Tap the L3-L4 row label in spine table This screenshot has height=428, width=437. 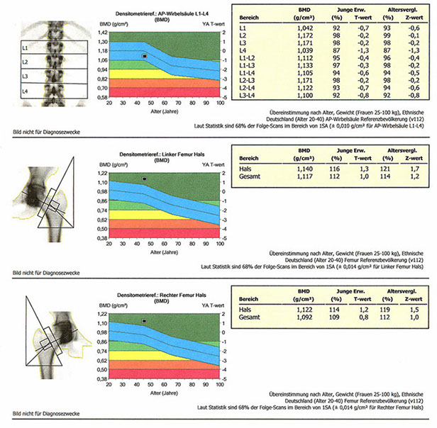click(247, 95)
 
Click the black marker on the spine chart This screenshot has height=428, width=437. click(145, 55)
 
